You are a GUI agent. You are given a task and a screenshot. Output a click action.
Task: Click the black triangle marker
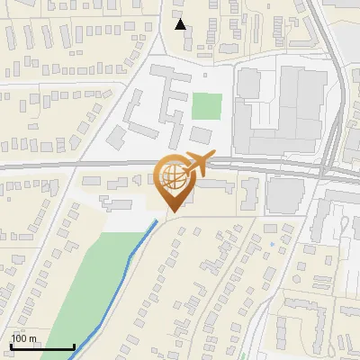coord(180,24)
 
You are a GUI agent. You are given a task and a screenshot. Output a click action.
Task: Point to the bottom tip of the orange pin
coord(172,212)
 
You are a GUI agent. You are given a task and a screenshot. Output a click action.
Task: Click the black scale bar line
coord(41,347)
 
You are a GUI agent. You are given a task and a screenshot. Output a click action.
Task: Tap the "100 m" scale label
coord(23,338)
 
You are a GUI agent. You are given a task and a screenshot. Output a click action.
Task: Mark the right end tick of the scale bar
coord(74,346)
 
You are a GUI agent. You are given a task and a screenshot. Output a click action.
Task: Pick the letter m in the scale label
coord(32,338)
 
